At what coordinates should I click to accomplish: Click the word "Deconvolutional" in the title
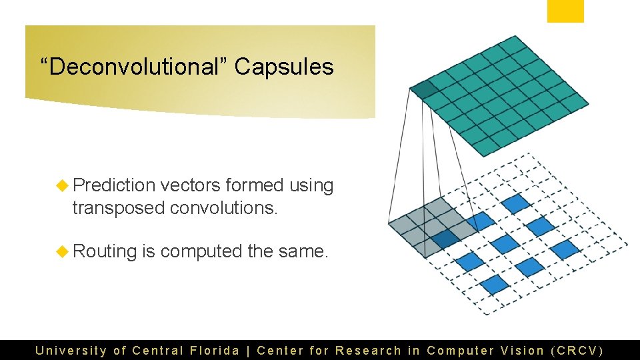click(134, 67)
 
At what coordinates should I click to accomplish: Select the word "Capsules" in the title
click(284, 67)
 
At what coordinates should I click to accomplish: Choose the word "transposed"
click(118, 208)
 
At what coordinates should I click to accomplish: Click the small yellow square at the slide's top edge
click(565, 11)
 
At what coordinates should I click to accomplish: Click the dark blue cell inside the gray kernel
click(445, 237)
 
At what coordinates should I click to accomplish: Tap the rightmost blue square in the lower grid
click(565, 249)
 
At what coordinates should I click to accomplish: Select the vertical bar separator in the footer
click(248, 350)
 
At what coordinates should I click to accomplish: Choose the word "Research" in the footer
click(368, 350)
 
